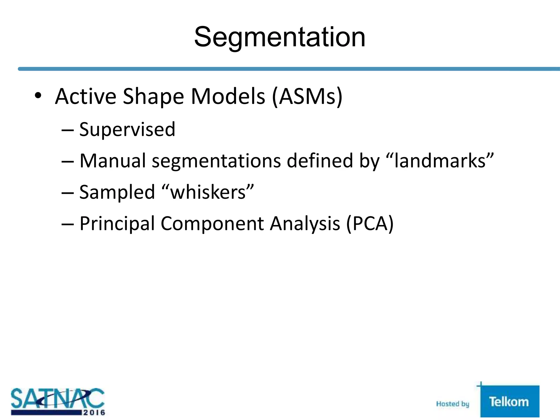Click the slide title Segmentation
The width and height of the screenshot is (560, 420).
tap(280, 37)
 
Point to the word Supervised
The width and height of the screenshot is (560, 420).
tap(127, 129)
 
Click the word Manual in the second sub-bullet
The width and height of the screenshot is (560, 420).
tap(112, 161)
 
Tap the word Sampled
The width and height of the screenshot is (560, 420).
tap(117, 192)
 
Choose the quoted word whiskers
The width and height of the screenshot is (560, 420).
tap(208, 192)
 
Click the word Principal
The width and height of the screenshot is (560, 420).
tap(117, 224)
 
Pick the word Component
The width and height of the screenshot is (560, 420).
tap(212, 224)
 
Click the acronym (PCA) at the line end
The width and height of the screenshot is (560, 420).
tap(370, 224)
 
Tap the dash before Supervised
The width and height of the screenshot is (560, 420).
tap(68, 130)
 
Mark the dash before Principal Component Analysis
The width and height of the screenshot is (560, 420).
tap(68, 224)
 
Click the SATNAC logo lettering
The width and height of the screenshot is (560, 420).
tap(57, 399)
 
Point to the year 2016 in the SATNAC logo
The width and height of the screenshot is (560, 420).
tap(94, 412)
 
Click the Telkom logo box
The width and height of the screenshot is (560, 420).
tap(509, 401)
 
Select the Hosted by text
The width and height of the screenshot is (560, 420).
tap(453, 404)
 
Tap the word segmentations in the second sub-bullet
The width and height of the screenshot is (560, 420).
tap(216, 161)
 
